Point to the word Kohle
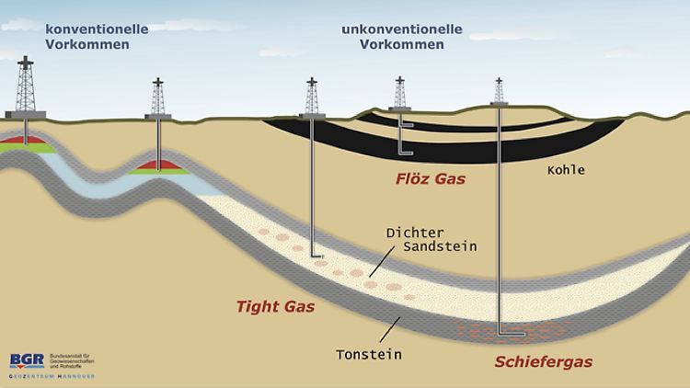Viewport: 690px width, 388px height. [564, 170]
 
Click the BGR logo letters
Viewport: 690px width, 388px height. [26, 360]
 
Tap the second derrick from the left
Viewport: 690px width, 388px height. [160, 97]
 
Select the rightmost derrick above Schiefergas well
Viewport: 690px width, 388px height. [500, 89]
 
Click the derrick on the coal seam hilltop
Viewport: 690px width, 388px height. [399, 92]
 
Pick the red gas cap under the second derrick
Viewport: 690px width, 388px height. [160, 164]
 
